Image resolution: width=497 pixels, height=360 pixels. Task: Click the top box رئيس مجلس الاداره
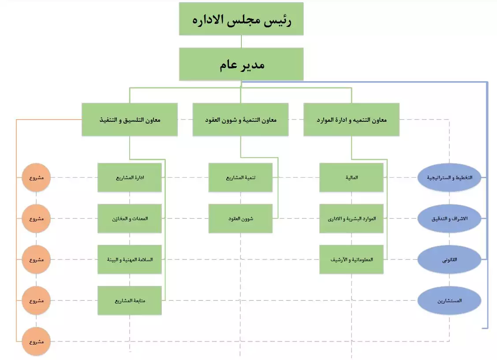pos(241,19)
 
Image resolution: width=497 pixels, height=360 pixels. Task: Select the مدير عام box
pos(241,64)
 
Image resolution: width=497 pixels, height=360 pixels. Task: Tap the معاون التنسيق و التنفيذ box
pos(130,120)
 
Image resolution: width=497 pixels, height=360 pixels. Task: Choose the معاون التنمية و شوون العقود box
pos(241,120)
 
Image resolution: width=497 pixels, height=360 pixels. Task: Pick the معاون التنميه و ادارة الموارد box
pos(351,120)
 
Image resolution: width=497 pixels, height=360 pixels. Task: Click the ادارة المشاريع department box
pos(130,177)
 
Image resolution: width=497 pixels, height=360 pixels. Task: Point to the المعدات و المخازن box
pos(130,218)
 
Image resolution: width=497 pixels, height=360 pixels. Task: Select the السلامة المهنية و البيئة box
pos(130,259)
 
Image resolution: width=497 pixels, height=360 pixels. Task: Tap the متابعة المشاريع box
pos(130,300)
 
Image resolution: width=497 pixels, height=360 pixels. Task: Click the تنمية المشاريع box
pos(241,177)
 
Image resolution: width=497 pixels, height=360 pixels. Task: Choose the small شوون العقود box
pos(241,218)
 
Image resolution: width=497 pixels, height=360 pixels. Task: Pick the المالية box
pos(351,177)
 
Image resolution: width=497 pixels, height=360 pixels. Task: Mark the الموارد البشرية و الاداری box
pos(351,218)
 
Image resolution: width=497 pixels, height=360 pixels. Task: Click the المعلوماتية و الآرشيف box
pos(351,259)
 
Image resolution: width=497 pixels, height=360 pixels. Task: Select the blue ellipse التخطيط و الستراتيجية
pos(449,177)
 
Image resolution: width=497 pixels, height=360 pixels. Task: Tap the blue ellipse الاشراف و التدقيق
pos(449,218)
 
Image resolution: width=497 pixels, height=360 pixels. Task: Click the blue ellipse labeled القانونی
pos(449,259)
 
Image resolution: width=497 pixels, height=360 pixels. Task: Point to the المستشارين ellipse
pos(449,300)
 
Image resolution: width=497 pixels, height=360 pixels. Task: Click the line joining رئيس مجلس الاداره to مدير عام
pos(241,41)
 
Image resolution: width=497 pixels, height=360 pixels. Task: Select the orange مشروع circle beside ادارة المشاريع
pos(36,177)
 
